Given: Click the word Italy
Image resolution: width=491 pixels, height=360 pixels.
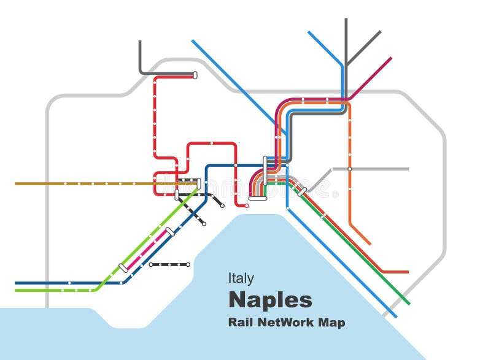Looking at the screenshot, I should click(241, 278).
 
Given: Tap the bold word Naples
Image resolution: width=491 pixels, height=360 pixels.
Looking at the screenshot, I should click(270, 301).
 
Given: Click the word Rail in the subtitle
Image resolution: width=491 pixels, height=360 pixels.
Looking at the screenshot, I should click(239, 322).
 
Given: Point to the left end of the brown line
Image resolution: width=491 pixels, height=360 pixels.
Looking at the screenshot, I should click(16, 183).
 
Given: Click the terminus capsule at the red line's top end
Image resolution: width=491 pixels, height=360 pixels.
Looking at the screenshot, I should click(195, 75).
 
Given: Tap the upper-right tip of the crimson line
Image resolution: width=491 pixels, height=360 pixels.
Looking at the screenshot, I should click(391, 58).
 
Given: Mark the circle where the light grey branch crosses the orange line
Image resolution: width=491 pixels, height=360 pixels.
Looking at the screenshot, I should click(350, 169).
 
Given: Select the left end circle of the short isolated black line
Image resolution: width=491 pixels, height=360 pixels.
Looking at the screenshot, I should click(150, 265).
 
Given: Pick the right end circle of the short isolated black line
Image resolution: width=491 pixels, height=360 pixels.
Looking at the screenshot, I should click(188, 265).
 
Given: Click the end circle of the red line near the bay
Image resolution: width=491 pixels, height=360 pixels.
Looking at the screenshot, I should click(247, 205).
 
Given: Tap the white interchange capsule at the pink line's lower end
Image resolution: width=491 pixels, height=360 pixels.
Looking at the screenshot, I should click(123, 268).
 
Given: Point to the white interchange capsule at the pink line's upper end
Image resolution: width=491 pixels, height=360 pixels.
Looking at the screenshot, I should click(170, 231).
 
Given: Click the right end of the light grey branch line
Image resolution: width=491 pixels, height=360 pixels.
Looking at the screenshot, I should click(407, 169).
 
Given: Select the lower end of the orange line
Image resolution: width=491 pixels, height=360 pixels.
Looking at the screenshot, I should click(370, 243).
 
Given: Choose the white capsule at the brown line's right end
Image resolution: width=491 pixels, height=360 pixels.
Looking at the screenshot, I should click(199, 183).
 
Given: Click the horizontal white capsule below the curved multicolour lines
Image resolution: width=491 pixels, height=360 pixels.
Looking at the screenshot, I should click(257, 198).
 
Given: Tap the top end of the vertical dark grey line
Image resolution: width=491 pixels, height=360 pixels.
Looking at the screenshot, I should click(346, 20).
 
